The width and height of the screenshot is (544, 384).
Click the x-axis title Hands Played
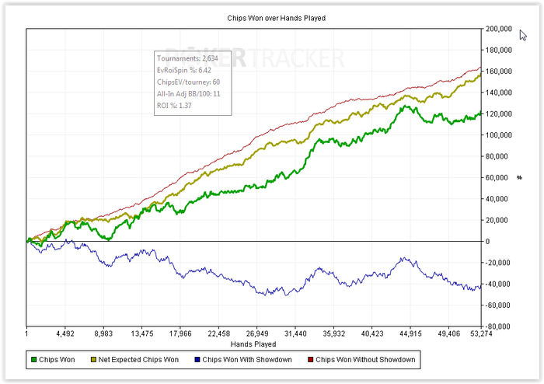(253, 344)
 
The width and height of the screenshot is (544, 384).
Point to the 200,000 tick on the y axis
(497, 29)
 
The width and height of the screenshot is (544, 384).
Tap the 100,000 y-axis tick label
(497, 135)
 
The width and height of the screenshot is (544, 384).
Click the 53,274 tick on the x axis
(481, 335)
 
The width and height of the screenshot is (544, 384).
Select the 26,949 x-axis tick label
(257, 335)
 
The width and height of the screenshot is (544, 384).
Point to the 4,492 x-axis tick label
(65, 335)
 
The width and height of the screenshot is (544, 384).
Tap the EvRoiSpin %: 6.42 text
(184, 69)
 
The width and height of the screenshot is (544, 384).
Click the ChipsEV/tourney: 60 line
(188, 81)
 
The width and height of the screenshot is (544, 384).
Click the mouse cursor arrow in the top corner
(523, 35)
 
